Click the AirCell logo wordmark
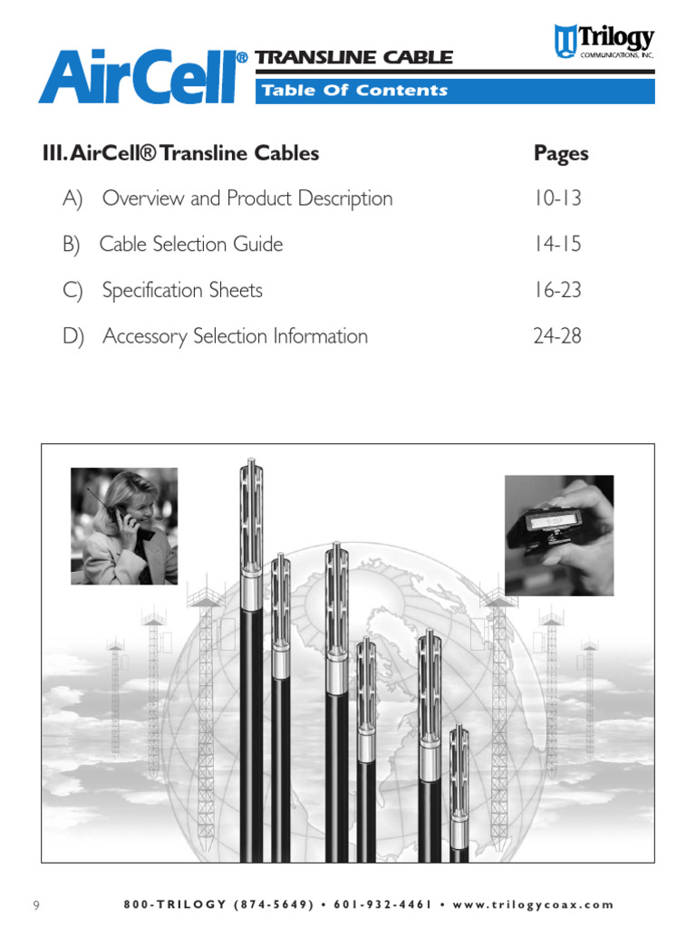tap(142, 76)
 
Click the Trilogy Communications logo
tap(604, 42)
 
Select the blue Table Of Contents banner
tap(455, 91)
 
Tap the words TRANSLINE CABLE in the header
tap(353, 58)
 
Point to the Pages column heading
tap(561, 153)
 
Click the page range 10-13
tap(557, 198)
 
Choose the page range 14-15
tap(557, 245)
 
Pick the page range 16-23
tap(557, 291)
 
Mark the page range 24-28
tap(557, 336)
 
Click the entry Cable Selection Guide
tap(190, 245)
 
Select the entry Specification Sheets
tap(182, 291)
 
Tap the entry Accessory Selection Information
tap(235, 336)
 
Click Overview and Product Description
tap(247, 198)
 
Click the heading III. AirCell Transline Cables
tap(180, 153)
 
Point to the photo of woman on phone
tap(124, 526)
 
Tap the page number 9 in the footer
tap(36, 905)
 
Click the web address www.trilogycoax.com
tap(532, 904)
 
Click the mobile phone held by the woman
tap(116, 519)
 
